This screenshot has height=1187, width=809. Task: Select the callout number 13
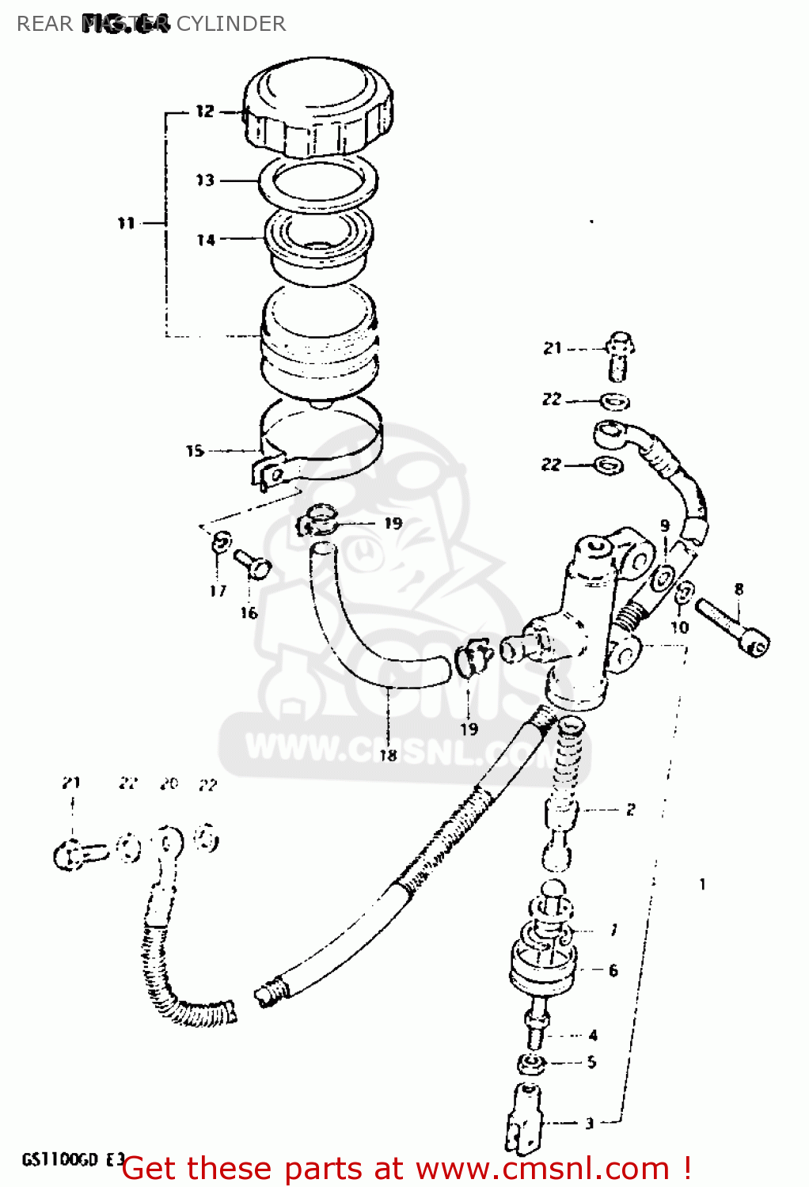205,180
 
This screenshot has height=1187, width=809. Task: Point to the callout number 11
127,223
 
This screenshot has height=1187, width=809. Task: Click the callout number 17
218,590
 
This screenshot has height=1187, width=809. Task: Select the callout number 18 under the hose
388,755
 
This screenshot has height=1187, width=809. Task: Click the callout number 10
680,628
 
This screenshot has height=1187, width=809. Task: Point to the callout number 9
665,525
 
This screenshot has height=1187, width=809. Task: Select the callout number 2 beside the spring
630,810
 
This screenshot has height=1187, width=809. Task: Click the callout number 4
593,1035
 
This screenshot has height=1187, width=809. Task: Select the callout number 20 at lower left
169,783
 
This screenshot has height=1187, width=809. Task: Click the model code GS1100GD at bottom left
60,1160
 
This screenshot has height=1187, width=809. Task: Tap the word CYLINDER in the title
230,24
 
